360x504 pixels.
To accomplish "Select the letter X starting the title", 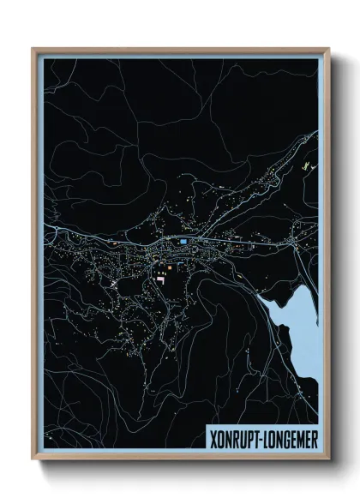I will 213,436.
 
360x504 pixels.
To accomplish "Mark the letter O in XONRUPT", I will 219,436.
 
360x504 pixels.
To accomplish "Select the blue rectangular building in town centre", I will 183,242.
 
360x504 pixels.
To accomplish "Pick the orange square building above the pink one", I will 168,268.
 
